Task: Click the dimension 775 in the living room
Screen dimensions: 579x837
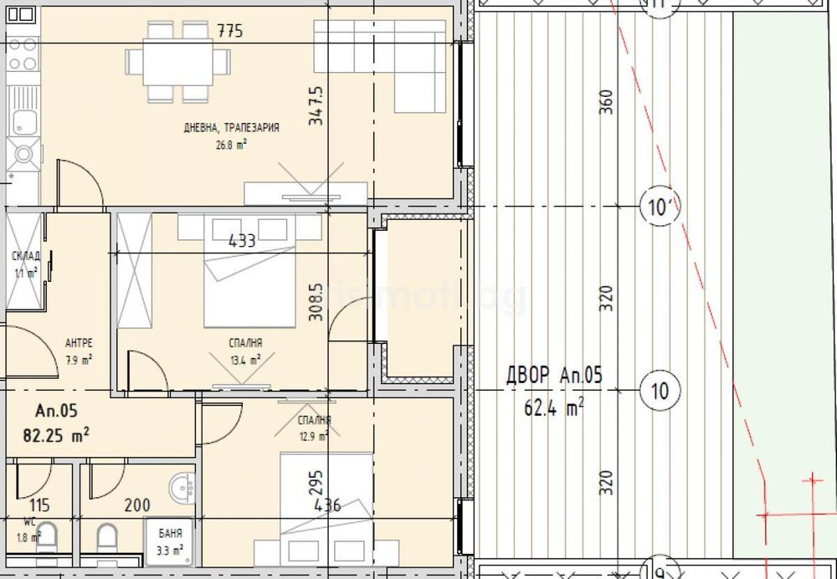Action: click(229, 33)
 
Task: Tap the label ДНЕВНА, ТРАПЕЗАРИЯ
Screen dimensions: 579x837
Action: click(232, 128)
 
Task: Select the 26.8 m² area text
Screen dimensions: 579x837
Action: click(232, 143)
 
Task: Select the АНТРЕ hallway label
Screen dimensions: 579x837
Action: click(78, 344)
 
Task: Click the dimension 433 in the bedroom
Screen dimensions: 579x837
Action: click(242, 242)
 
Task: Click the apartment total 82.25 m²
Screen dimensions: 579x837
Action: click(63, 434)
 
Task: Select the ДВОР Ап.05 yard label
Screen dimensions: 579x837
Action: click(554, 376)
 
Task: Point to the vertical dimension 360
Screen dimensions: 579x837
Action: click(608, 102)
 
